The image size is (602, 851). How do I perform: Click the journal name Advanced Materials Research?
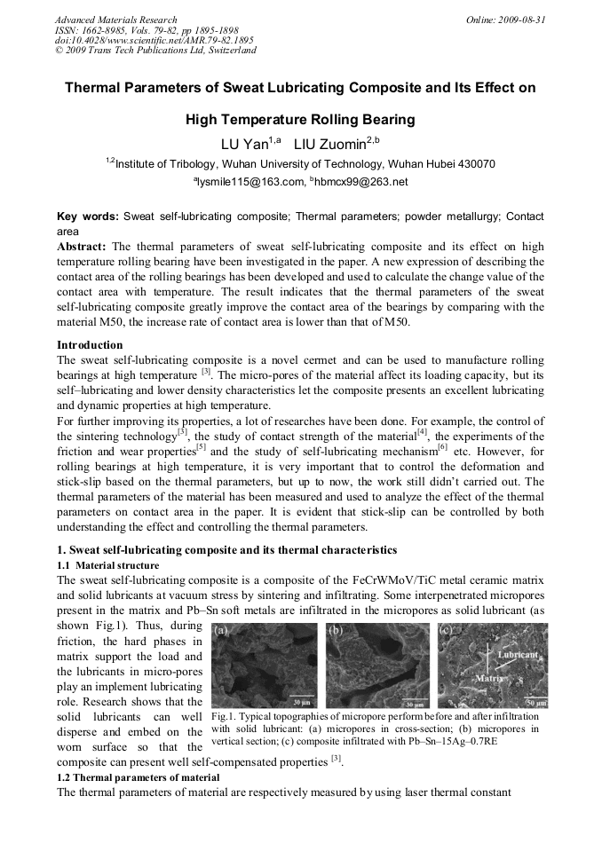click(115, 20)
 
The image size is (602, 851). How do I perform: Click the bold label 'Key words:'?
click(87, 217)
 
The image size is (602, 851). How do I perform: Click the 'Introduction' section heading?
click(90, 344)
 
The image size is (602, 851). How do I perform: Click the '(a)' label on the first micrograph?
click(221, 631)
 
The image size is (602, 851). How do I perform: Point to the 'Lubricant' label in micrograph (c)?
click(518, 655)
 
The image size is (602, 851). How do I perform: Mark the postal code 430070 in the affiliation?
click(473, 164)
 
